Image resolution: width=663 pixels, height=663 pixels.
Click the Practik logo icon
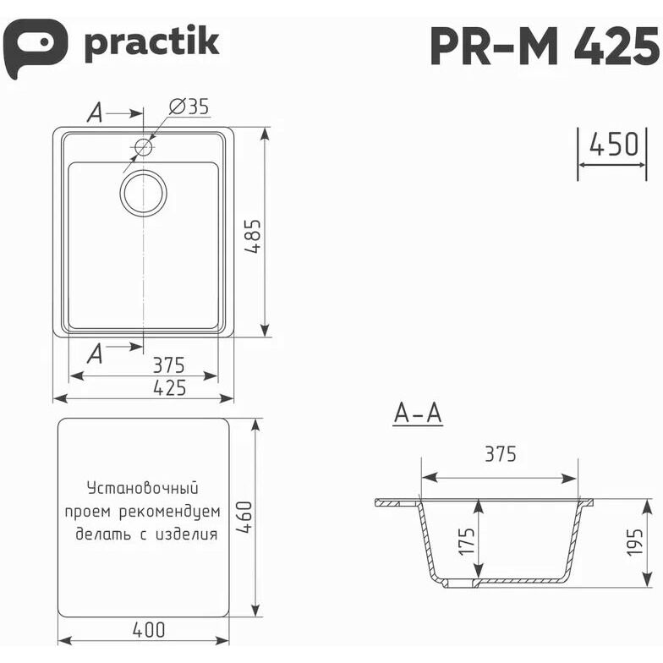(35, 47)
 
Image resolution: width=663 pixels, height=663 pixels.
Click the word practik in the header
(152, 44)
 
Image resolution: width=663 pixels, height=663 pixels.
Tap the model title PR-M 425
(545, 46)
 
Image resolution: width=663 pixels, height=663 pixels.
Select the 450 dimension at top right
(614, 144)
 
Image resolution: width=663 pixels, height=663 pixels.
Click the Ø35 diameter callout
(189, 107)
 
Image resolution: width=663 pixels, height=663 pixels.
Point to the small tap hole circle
(144, 147)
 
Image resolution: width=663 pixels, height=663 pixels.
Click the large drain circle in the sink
(144, 193)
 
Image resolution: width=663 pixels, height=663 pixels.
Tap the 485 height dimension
(254, 236)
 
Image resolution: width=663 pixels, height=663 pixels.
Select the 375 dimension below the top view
(169, 365)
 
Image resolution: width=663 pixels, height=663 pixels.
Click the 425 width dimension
(169, 387)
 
